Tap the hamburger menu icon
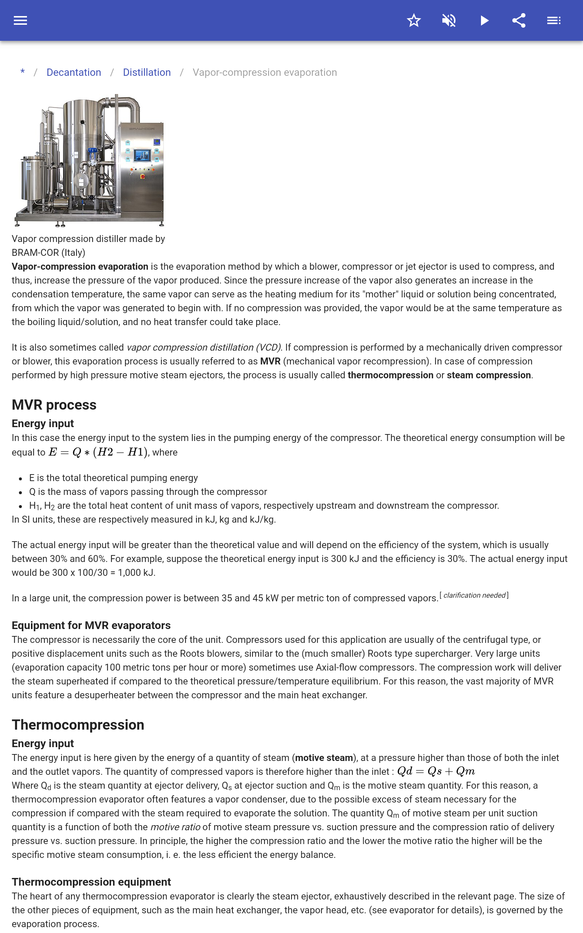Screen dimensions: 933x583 (x=20, y=20)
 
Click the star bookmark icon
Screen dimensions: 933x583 (x=414, y=20)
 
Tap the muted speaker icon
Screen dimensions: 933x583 (x=449, y=20)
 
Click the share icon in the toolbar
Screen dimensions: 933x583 (x=519, y=20)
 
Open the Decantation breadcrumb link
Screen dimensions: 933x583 (x=74, y=73)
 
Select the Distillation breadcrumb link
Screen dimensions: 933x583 (x=146, y=73)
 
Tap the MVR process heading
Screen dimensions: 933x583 (x=54, y=405)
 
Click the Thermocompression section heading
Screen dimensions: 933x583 (x=78, y=725)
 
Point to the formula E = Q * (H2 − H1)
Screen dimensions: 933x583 (x=98, y=452)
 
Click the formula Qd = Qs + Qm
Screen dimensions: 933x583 (x=436, y=771)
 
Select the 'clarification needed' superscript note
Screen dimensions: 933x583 (x=474, y=595)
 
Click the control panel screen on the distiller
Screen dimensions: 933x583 (x=142, y=155)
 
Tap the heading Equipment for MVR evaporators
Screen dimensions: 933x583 (x=91, y=625)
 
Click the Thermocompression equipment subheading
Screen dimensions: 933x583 (x=91, y=882)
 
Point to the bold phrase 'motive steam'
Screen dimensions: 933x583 (x=324, y=758)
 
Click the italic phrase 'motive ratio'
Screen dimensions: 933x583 (x=175, y=827)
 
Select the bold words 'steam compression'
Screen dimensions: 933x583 (x=489, y=375)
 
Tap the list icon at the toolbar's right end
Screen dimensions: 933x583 (x=554, y=20)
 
